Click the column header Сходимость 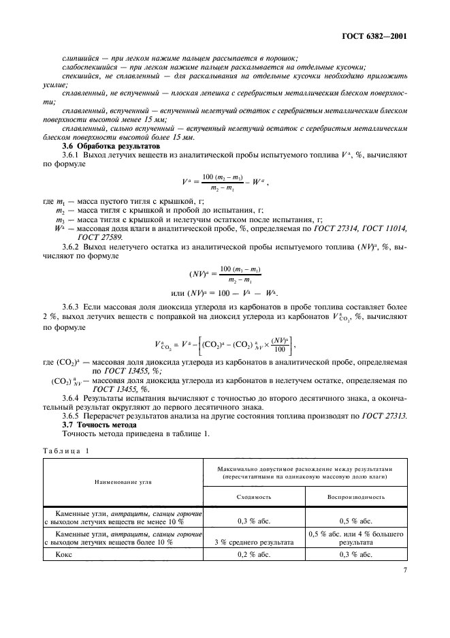tap(254, 498)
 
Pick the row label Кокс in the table tap(63, 554)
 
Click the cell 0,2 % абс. tap(254, 554)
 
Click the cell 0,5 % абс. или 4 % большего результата tap(356, 537)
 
